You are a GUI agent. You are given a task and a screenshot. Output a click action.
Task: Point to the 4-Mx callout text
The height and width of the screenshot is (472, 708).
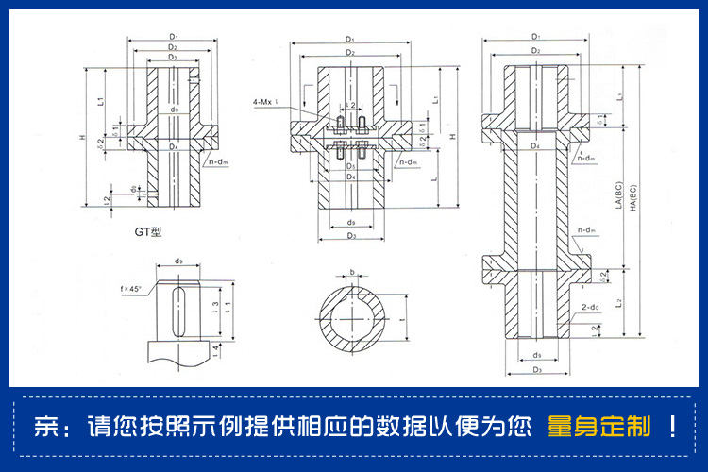point(267,101)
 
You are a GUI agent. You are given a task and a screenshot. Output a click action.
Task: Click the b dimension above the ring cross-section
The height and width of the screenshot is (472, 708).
point(352,272)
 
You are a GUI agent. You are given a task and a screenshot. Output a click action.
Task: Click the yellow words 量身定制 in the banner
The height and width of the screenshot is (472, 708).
point(598,428)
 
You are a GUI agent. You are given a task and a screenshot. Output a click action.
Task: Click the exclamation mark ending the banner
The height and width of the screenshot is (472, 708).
point(672,428)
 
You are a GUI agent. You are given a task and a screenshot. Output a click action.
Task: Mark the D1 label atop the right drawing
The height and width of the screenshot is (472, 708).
point(535,37)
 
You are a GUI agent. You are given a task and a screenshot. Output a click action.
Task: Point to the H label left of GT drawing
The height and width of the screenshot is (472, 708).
point(81,142)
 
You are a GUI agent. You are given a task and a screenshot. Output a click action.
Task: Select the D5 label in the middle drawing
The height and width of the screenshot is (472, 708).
point(350,166)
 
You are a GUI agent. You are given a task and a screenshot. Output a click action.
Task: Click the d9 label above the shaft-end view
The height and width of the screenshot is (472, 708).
point(178,262)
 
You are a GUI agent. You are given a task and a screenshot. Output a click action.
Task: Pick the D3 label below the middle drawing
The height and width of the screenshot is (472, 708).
point(350,236)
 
